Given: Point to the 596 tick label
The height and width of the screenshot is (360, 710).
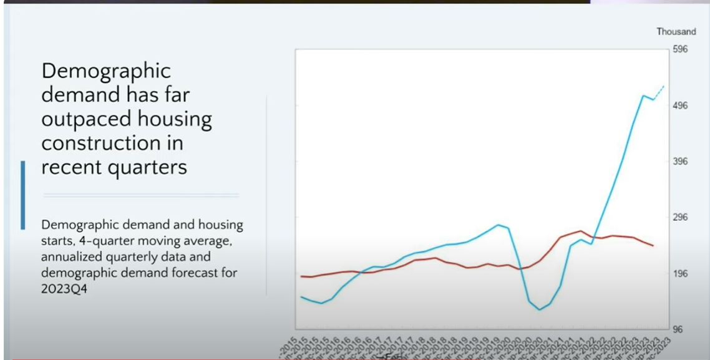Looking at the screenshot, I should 680,49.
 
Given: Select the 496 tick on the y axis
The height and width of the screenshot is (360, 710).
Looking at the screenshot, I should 680,105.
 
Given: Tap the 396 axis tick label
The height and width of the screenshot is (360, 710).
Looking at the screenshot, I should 680,162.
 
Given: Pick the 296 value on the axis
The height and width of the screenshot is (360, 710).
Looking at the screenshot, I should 680,218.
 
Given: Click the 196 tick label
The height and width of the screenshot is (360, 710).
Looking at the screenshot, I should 680,274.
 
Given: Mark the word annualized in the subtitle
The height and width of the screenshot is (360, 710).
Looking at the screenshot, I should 71,257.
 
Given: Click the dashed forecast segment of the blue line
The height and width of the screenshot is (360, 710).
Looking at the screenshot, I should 659,92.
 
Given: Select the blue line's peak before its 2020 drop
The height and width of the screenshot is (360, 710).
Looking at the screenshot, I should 498,225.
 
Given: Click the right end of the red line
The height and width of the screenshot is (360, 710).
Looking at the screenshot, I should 653,246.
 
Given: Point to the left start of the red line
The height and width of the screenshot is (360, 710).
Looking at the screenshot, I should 301,276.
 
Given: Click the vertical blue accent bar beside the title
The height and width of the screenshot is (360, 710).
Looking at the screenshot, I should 23,195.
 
